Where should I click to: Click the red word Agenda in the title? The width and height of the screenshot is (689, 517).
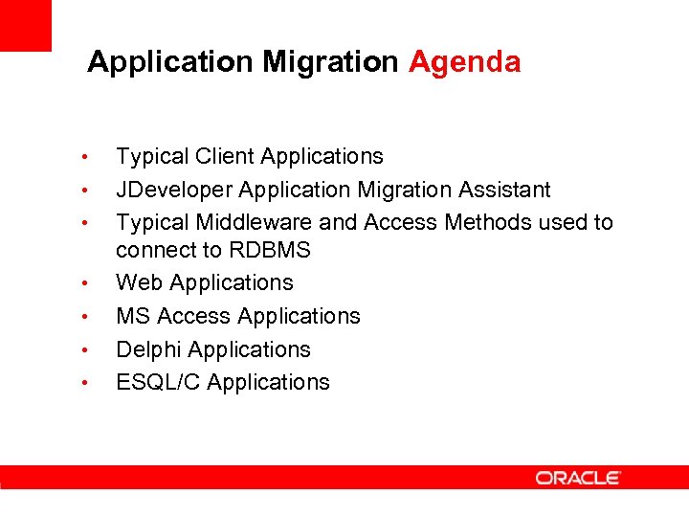tap(464, 62)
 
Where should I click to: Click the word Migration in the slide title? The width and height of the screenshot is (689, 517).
tap(330, 63)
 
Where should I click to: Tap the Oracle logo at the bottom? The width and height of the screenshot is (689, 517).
tap(578, 478)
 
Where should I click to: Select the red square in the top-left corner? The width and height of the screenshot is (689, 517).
tap(25, 25)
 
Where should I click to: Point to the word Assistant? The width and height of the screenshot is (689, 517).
tap(503, 190)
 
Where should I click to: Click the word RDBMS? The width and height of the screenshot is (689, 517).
tap(280, 251)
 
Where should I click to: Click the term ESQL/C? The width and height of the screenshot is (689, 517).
tap(158, 382)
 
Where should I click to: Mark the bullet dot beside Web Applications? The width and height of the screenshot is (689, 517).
tap(85, 284)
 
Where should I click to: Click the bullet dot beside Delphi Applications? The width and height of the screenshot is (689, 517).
tap(85, 350)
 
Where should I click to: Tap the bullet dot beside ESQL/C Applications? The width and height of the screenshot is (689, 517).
tap(85, 384)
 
